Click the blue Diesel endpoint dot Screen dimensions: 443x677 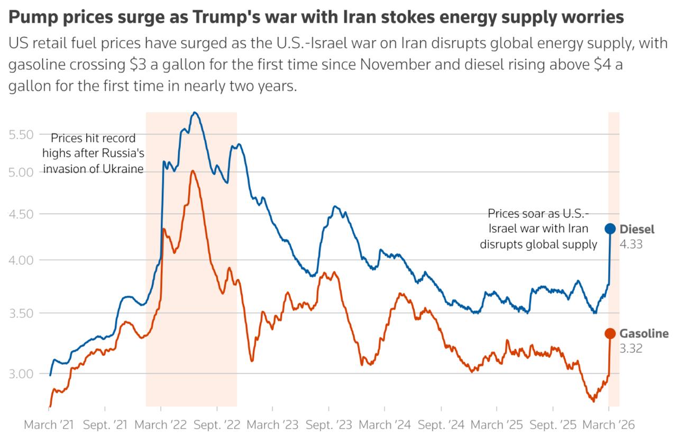[610, 229]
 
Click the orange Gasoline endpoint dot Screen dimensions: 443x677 [610, 333]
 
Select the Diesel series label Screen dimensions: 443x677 [637, 229]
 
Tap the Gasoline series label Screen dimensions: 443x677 [644, 333]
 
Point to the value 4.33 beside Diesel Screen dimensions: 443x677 [630, 245]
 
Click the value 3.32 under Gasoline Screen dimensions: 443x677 [630, 349]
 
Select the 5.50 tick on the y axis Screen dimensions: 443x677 [22, 134]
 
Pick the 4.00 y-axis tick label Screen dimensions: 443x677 [22, 260]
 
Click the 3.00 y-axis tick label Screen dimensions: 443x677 [22, 374]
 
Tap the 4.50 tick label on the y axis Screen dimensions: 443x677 [22, 214]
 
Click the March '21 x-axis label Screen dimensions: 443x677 [49, 425]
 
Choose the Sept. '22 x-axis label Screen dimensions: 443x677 [217, 425]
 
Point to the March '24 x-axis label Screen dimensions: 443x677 [385, 425]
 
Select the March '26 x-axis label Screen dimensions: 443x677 [608, 425]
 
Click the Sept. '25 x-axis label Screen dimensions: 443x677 [553, 425]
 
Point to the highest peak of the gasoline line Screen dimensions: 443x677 [193, 171]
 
